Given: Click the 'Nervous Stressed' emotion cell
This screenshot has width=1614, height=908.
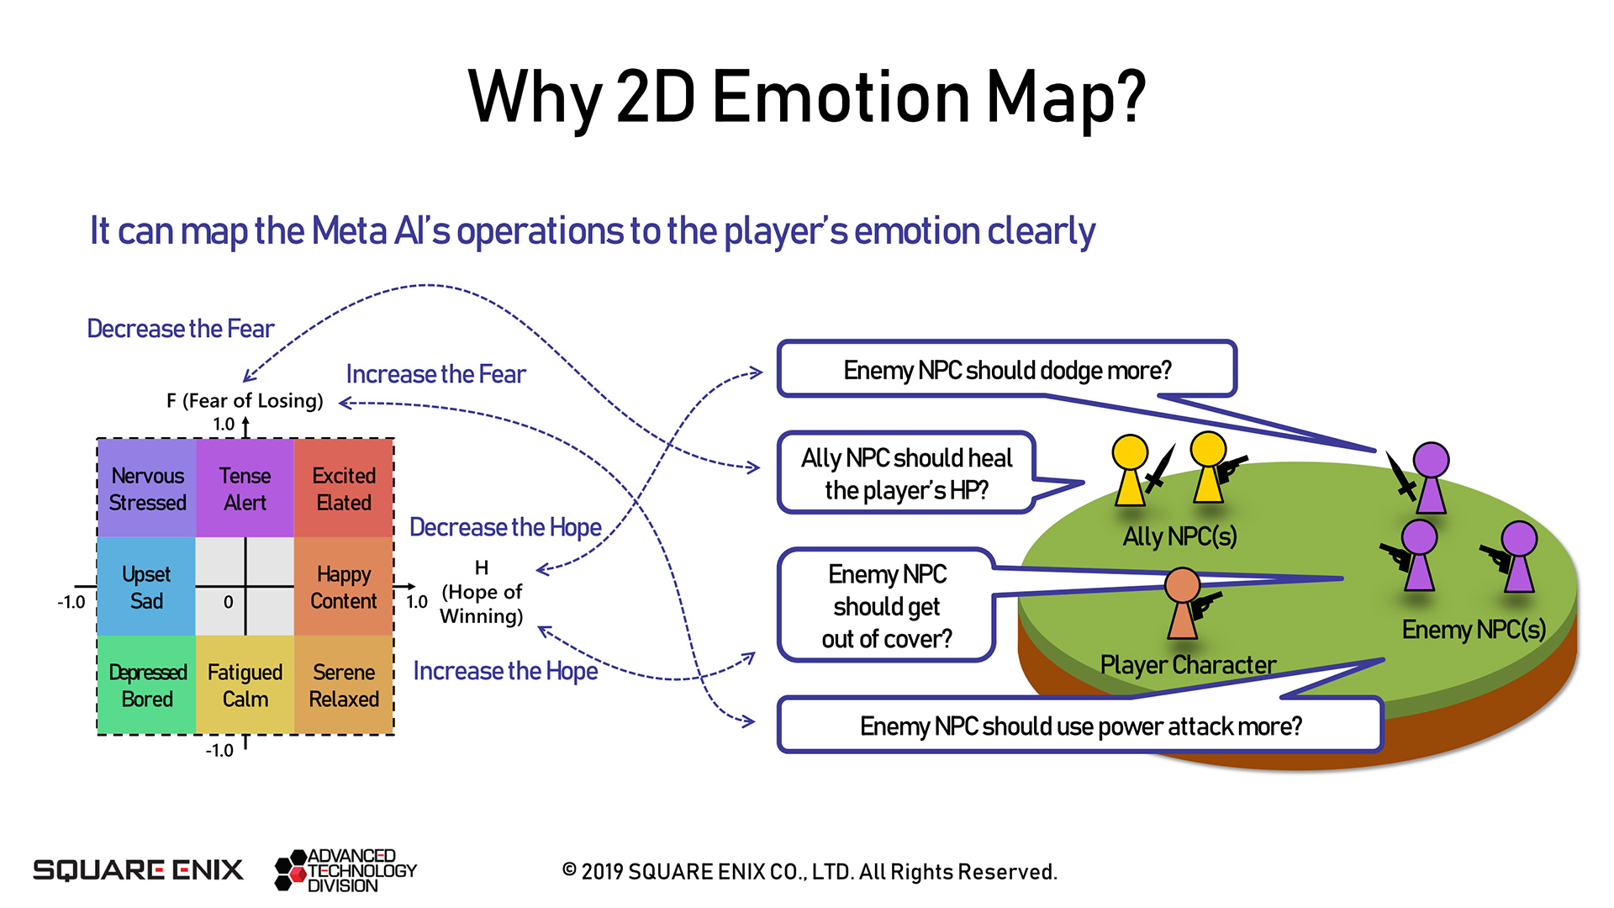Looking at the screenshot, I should pyautogui.click(x=147, y=488).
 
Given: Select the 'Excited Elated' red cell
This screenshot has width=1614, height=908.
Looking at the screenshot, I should pyautogui.click(x=344, y=488).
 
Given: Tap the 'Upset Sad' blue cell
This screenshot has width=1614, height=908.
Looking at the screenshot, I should pyautogui.click(x=146, y=587).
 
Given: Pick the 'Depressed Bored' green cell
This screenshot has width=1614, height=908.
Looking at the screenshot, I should pyautogui.click(x=147, y=685).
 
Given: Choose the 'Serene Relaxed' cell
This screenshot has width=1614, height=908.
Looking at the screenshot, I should pyautogui.click(x=344, y=685).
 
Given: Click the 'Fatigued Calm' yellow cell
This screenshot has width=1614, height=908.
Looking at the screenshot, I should pyautogui.click(x=245, y=685).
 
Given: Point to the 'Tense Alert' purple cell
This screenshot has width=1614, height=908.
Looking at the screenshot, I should pyautogui.click(x=245, y=488).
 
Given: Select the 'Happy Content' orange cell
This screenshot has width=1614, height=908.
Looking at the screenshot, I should pyautogui.click(x=344, y=587).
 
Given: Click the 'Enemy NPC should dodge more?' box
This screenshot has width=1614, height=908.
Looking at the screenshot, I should pyautogui.click(x=1006, y=370).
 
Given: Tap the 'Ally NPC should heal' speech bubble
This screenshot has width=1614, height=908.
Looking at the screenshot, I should pyautogui.click(x=906, y=473).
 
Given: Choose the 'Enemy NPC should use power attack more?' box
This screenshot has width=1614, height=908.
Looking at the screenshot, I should pyautogui.click(x=1080, y=726).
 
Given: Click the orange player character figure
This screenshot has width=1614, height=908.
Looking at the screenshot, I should pyautogui.click(x=1182, y=604).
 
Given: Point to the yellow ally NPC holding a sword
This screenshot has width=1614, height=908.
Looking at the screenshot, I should pyautogui.click(x=1130, y=471).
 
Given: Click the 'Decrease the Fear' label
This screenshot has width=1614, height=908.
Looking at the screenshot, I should pyautogui.click(x=181, y=329).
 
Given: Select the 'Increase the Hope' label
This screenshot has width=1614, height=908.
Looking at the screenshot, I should pyautogui.click(x=505, y=671).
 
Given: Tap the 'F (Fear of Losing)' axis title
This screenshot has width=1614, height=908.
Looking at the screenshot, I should pyautogui.click(x=245, y=401).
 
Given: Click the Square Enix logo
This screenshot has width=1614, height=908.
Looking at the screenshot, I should pyautogui.click(x=138, y=870).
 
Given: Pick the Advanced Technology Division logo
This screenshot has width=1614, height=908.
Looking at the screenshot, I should pyautogui.click(x=345, y=870).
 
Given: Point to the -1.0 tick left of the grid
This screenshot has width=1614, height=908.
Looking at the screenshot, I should pyautogui.click(x=71, y=602).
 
